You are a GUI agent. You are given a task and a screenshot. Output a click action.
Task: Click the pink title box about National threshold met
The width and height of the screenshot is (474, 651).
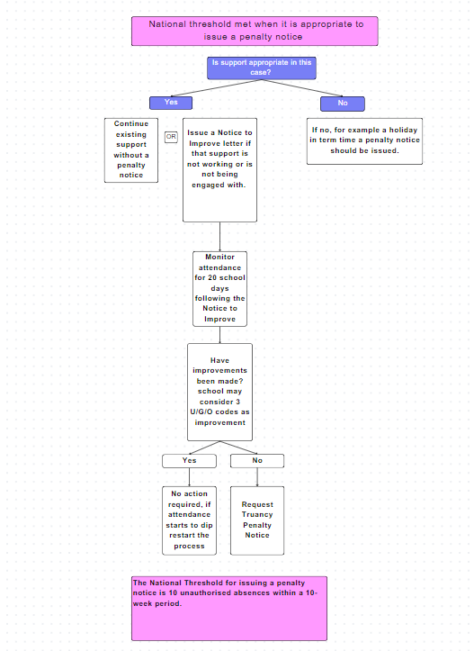[x=255, y=32]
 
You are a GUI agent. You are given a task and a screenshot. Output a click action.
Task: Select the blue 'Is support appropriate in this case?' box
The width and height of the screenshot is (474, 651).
[x=261, y=68]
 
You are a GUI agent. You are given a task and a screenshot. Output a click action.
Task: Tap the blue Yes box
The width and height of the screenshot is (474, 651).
[x=171, y=103]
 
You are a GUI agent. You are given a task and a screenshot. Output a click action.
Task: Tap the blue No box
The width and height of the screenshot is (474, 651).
[x=343, y=104]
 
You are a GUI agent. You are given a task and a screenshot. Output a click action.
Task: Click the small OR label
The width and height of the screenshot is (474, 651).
[x=171, y=137]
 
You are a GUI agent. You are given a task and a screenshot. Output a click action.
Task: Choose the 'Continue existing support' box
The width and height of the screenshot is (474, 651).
[x=131, y=150]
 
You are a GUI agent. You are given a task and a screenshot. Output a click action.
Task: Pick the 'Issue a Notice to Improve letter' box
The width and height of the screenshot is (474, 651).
[x=219, y=170]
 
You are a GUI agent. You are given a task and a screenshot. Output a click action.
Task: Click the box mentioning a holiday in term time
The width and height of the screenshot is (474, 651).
[x=364, y=141]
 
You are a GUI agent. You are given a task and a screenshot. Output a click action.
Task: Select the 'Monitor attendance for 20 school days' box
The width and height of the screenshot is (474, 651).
[x=219, y=288]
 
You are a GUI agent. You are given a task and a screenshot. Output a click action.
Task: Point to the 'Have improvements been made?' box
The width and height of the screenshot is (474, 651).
[x=219, y=392]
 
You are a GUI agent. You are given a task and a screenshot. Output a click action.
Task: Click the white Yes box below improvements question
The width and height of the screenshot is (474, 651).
[x=189, y=461]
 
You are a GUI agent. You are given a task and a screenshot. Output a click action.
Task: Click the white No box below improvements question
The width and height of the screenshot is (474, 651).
[x=257, y=461]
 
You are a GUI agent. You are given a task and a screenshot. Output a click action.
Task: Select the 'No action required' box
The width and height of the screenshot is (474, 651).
[x=189, y=520]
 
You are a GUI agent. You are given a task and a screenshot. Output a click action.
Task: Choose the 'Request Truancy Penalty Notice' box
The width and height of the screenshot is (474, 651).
[x=257, y=520]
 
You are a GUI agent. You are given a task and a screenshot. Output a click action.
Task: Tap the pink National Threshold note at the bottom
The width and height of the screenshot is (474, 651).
[x=229, y=609]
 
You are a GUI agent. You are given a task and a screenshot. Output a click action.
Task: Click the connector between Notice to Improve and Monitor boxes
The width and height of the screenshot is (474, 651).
[x=219, y=237]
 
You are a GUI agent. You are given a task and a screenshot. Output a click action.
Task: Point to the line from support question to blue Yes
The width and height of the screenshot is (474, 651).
[x=216, y=88]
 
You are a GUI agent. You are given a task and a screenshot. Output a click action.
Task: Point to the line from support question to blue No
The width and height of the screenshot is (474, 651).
[x=302, y=88]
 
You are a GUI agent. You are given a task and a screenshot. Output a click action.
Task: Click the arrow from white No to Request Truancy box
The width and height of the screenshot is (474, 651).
[x=257, y=477]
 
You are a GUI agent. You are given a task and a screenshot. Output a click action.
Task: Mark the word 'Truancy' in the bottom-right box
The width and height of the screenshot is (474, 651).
[x=257, y=514]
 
